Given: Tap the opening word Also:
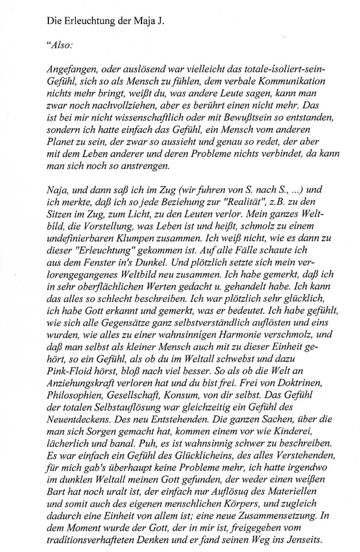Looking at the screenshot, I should click(62, 45).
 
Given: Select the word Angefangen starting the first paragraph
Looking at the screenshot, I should click(71, 69).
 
